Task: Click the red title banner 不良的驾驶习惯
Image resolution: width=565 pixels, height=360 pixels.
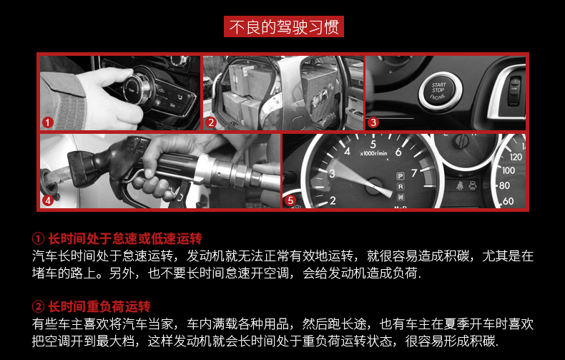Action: tap(284, 26)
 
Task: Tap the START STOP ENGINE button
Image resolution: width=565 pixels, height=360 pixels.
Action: tap(439, 92)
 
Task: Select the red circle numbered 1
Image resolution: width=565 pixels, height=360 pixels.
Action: tap(48, 122)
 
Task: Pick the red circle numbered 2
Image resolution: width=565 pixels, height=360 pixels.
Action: tap(211, 122)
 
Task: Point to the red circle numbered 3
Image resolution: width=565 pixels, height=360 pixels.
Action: tap(373, 122)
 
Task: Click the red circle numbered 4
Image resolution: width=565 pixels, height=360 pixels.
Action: tap(48, 200)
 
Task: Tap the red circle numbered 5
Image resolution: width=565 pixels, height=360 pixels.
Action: tap(290, 200)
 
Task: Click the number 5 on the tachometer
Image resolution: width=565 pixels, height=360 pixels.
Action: tap(373, 145)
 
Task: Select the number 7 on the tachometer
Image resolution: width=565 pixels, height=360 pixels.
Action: tap(414, 173)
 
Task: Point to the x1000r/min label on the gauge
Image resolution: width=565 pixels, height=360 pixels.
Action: tap(373, 154)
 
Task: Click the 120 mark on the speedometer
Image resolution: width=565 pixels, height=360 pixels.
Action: tap(516, 157)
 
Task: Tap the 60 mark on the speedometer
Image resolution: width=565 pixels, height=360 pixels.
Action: tap(508, 201)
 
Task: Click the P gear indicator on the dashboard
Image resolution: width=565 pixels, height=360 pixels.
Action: tap(401, 176)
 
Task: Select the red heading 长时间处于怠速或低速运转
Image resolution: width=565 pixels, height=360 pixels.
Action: tap(124, 238)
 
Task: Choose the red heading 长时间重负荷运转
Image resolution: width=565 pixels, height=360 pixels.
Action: tap(99, 306)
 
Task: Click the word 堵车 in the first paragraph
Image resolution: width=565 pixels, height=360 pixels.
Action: tap(45, 273)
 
